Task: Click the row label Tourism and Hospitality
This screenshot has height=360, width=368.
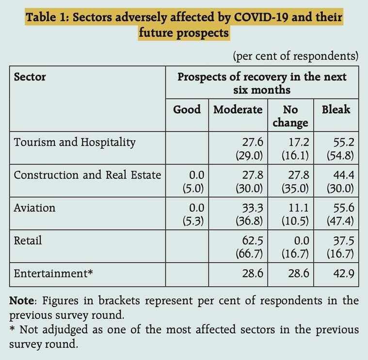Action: (75, 142)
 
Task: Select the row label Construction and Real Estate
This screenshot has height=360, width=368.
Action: (87, 175)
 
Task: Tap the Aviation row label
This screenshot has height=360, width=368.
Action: (34, 208)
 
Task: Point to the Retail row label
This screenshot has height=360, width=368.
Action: (28, 240)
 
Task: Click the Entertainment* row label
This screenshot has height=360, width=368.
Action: (53, 273)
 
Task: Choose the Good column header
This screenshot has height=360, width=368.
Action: (187, 109)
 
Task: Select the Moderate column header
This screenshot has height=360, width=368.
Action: (238, 109)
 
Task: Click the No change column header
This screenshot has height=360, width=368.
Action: (290, 115)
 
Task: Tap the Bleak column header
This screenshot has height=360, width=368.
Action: (336, 109)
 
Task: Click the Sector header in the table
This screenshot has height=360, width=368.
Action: (30, 77)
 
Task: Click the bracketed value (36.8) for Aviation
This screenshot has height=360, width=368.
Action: (249, 220)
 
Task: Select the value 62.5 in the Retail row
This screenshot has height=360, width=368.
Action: (252, 240)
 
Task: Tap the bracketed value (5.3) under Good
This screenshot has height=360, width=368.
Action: (193, 220)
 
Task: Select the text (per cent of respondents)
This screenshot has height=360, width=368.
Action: (296, 56)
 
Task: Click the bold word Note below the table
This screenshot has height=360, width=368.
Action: (21, 301)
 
